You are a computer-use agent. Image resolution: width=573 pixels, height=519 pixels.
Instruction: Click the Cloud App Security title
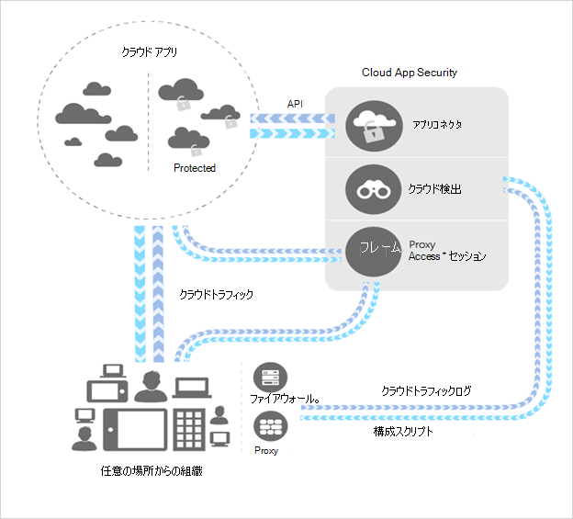pyautogui.click(x=410, y=72)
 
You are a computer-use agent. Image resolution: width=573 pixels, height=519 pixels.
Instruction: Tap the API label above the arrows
pyautogui.click(x=296, y=104)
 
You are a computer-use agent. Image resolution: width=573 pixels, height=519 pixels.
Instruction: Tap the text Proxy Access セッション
pyautogui.click(x=446, y=250)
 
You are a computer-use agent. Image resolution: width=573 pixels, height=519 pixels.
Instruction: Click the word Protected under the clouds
pyautogui.click(x=195, y=168)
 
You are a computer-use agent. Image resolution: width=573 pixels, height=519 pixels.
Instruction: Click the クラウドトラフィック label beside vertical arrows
pyautogui.click(x=215, y=295)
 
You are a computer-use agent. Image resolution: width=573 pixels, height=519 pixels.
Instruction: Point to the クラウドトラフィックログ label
pyautogui.click(x=427, y=390)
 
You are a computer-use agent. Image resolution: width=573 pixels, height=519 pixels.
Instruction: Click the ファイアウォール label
pyautogui.click(x=286, y=400)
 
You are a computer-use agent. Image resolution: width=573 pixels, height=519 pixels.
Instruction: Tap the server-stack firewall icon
pyautogui.click(x=269, y=377)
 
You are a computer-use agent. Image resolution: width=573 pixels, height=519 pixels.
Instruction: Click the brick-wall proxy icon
pyautogui.click(x=269, y=424)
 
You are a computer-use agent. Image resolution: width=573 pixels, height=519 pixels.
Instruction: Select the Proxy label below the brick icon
pyautogui.click(x=266, y=451)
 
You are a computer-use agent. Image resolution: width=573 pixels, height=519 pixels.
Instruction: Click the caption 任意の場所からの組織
pyautogui.click(x=152, y=471)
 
